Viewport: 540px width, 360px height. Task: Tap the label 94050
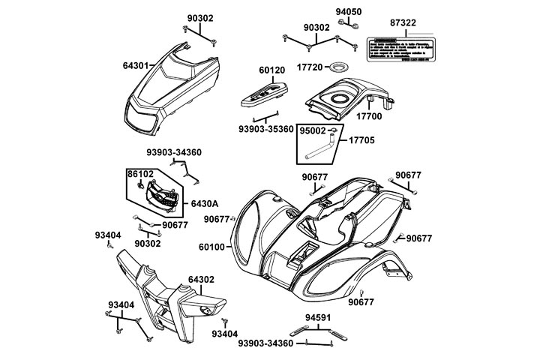click(348, 12)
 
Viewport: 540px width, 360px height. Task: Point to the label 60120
click(272, 70)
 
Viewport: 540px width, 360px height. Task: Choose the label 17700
click(370, 116)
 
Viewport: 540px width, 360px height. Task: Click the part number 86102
click(140, 174)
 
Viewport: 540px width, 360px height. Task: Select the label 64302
click(202, 279)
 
